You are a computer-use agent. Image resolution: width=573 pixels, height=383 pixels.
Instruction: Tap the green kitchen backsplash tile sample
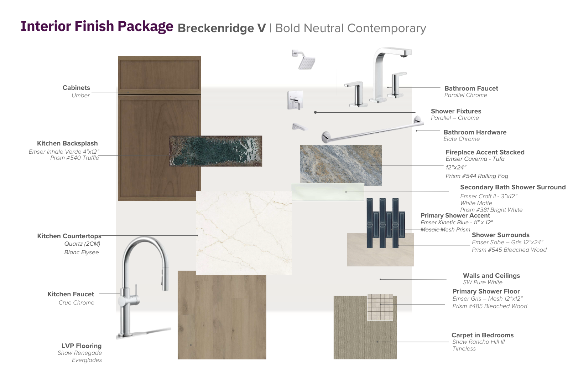pos(215,151)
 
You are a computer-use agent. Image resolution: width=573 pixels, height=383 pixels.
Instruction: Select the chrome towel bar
pos(372,130)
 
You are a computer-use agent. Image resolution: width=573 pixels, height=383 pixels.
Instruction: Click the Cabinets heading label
pos(76,88)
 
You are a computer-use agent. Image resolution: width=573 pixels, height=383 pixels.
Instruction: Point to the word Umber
pos(80,95)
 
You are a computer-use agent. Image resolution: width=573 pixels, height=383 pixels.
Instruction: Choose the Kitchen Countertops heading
pos(69,236)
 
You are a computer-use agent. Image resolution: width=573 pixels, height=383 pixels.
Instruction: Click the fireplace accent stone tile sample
pos(341,165)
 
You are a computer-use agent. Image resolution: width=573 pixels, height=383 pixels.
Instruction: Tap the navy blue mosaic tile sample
pos(386,223)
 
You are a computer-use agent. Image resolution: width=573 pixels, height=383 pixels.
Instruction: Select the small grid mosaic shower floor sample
pos(380,307)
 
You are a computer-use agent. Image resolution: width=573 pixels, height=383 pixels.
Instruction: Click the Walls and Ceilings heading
pos(491,276)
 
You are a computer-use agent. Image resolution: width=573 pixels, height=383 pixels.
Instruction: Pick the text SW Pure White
pos(483,282)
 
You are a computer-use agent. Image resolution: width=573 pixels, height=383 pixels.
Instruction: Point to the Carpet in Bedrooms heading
pos(483,335)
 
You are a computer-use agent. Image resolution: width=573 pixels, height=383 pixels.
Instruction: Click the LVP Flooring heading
pos(82,346)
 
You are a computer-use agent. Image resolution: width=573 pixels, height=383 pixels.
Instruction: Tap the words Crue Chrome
pos(77,302)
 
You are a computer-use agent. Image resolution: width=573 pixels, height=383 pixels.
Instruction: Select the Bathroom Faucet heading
pos(471,88)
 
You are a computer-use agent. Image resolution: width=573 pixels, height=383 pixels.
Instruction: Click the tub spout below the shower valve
pos(299,127)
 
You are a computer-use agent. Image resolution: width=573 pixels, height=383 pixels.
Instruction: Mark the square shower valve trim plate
pos(296,100)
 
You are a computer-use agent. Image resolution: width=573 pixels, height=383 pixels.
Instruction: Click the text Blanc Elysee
pos(81,252)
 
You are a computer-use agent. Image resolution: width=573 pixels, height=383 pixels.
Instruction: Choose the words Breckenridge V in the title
pos(222,28)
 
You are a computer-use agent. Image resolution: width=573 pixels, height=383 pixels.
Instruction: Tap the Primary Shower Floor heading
pos(486,291)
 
